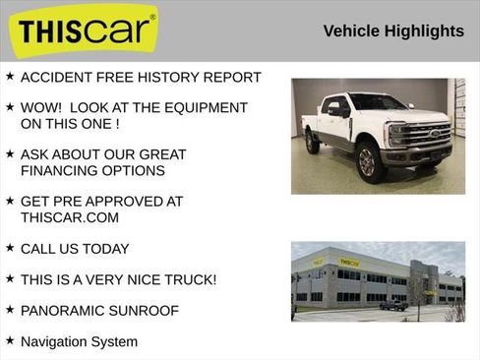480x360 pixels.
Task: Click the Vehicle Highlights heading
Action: tap(393, 31)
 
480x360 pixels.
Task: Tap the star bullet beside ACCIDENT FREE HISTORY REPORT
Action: tap(10, 76)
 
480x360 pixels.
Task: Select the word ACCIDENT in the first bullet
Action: tap(55, 77)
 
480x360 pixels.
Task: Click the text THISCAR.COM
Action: tap(69, 217)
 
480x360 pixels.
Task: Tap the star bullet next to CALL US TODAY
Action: tap(10, 248)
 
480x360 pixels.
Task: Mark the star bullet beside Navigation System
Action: tap(10, 340)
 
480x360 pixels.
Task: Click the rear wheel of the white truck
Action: tap(312, 144)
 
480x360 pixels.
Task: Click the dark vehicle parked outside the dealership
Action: tap(393, 305)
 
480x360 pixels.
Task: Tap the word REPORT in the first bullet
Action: tap(233, 77)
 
